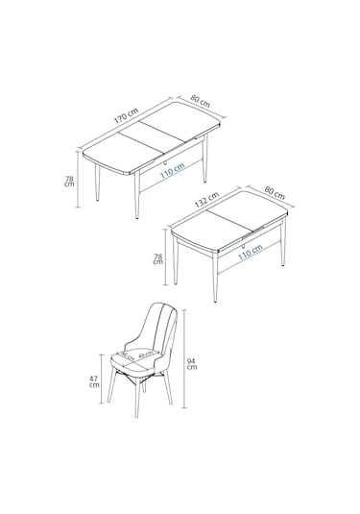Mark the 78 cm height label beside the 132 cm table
(160, 260)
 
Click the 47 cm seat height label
(93, 381)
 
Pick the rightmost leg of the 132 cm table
(282, 248)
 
